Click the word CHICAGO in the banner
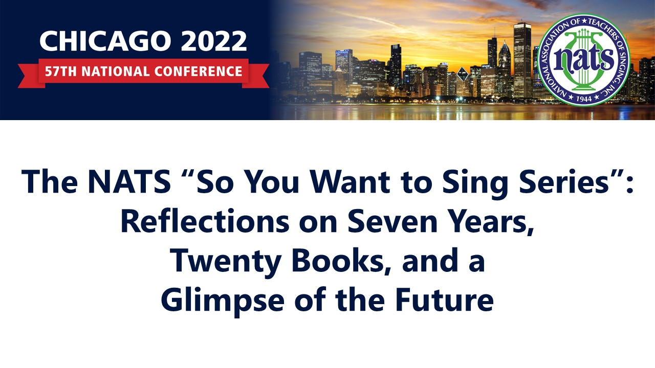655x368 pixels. pos(105,41)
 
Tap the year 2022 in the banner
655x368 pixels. pos(214,41)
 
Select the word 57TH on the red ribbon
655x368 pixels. pos(61,72)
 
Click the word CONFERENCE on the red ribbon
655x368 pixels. pos(198,72)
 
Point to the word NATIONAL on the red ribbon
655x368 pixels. pos(116,72)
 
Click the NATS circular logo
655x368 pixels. pos(584,60)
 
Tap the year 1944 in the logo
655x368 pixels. pos(584,99)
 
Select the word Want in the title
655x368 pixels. pos(350,181)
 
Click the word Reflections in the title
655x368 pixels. pos(205,221)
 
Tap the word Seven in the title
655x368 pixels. pos(392,222)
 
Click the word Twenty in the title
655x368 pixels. pos(226,261)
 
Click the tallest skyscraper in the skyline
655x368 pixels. pos(522,60)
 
